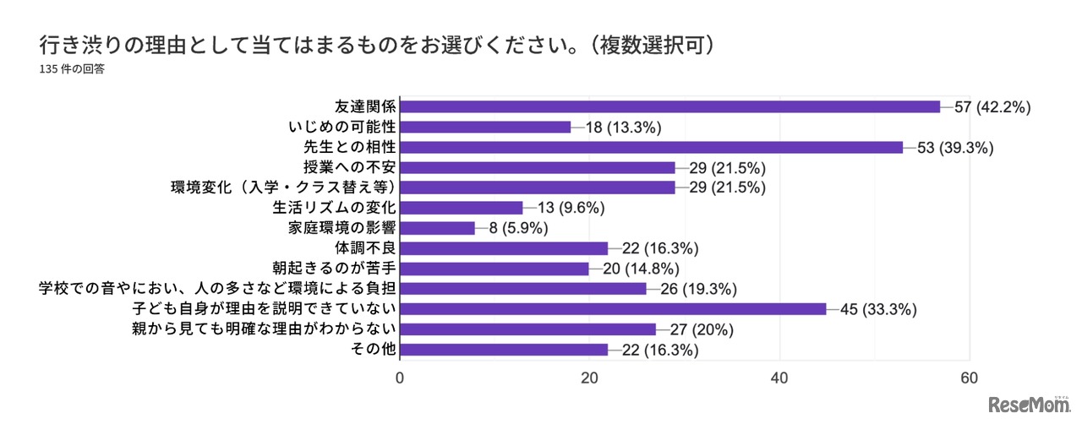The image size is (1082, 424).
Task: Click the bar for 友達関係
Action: point(669,106)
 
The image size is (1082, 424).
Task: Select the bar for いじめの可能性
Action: point(485,127)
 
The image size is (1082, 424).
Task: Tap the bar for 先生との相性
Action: point(651,147)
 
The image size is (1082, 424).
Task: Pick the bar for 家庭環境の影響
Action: point(437,228)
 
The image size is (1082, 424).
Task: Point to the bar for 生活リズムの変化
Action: point(461,208)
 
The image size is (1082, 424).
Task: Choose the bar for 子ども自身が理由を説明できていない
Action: point(613,309)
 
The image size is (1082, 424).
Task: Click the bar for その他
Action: point(504,350)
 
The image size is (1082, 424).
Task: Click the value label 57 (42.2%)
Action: point(993,107)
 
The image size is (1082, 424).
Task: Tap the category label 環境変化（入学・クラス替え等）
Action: point(284,188)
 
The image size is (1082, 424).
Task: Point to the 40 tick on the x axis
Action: point(779,378)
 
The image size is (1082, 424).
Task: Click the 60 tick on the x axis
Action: point(969,378)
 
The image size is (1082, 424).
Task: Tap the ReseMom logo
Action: point(1030,404)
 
